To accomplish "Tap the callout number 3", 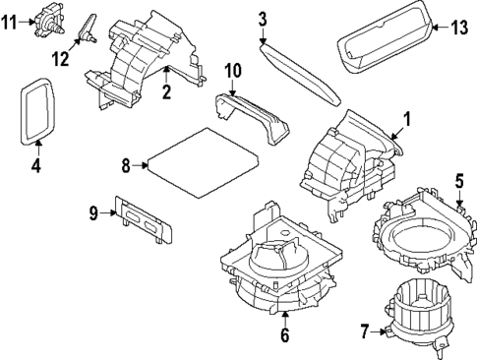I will tap(263, 18).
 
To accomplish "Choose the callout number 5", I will tap(458, 180).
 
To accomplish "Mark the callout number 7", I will tap(365, 332).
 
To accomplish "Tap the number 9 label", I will tap(93, 212).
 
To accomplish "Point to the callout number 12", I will tap(61, 58).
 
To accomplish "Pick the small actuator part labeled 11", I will tap(43, 21).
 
